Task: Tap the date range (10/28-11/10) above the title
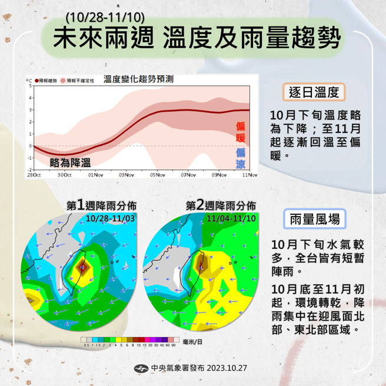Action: point(106,15)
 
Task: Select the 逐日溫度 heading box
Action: point(313,92)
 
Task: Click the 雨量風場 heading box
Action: point(314,219)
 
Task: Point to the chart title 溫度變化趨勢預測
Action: point(138,79)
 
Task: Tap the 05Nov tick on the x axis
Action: point(157,175)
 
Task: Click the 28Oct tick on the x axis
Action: point(34,175)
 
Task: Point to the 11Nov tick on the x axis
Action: point(249,175)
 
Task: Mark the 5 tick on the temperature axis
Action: point(30,86)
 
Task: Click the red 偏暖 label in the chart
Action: point(240,134)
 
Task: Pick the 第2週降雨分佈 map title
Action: point(221,205)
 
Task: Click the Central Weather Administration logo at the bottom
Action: point(141,369)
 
